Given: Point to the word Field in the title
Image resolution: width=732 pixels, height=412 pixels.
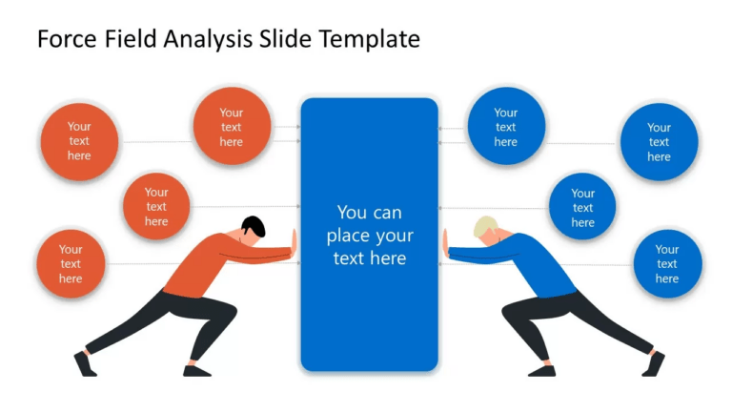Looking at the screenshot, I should [131, 39].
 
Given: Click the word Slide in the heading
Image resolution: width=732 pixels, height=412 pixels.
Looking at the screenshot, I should [285, 39].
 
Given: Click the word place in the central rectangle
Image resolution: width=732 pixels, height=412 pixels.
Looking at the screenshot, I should [349, 236].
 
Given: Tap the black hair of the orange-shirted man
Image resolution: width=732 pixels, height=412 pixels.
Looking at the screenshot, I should [254, 227].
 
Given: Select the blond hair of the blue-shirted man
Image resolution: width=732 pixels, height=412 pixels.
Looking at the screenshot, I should [485, 227].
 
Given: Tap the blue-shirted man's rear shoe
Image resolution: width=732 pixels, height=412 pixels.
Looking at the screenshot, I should [654, 363].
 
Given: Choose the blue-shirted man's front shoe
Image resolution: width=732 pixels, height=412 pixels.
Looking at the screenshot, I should [540, 370].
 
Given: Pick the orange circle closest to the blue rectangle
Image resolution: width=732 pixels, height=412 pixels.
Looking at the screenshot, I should [232, 126].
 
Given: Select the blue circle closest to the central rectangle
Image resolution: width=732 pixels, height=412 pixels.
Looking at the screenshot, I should [505, 126].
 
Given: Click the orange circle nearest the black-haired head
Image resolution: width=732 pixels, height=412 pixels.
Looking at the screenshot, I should [156, 206].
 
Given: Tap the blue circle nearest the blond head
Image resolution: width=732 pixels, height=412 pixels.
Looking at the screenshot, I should [582, 206].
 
